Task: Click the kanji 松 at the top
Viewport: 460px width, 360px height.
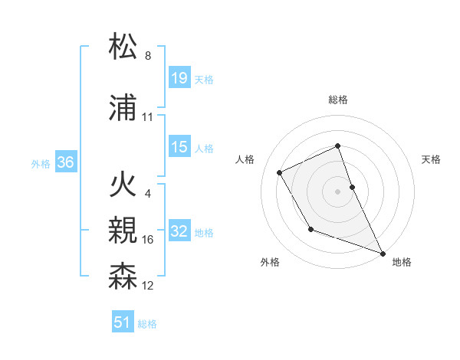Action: point(123,47)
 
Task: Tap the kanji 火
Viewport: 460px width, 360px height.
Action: point(123,185)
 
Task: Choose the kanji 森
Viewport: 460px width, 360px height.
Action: point(123,277)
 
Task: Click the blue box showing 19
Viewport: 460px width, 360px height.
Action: point(179,78)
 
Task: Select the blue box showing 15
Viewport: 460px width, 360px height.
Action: point(179,147)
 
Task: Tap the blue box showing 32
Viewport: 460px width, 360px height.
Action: point(179,231)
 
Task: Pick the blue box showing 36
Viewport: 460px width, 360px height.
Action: point(65,162)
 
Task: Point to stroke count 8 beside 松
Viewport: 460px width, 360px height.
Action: point(148,56)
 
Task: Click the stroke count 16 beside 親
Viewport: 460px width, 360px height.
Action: point(148,240)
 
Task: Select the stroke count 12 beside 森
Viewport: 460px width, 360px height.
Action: point(148,286)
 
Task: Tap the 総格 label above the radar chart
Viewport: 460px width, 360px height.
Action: point(338,100)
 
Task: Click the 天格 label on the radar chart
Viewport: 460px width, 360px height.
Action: point(432,159)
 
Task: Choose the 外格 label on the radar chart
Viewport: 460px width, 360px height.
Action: point(270,262)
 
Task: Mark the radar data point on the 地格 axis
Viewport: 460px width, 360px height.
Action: point(383,254)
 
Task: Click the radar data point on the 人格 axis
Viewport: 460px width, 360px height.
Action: point(280,172)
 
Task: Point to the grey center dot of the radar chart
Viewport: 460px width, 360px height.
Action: point(338,191)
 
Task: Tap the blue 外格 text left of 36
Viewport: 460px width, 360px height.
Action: point(41,163)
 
